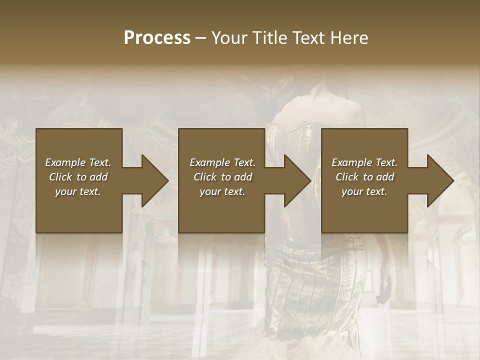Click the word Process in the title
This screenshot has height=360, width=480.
click(x=157, y=38)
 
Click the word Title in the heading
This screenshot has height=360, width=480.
click(x=268, y=38)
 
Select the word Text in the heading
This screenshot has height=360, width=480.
click(x=308, y=38)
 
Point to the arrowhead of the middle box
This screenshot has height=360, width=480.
click(x=296, y=180)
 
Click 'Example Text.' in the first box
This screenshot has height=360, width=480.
click(x=78, y=162)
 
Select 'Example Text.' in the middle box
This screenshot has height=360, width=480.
click(x=222, y=162)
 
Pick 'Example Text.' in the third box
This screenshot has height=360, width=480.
click(x=364, y=162)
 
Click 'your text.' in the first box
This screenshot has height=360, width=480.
click(x=78, y=191)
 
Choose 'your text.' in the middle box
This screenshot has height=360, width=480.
click(x=222, y=191)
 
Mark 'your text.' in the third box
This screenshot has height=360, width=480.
click(x=364, y=191)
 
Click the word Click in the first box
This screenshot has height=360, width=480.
click(x=61, y=177)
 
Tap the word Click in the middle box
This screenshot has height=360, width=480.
click(x=205, y=177)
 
